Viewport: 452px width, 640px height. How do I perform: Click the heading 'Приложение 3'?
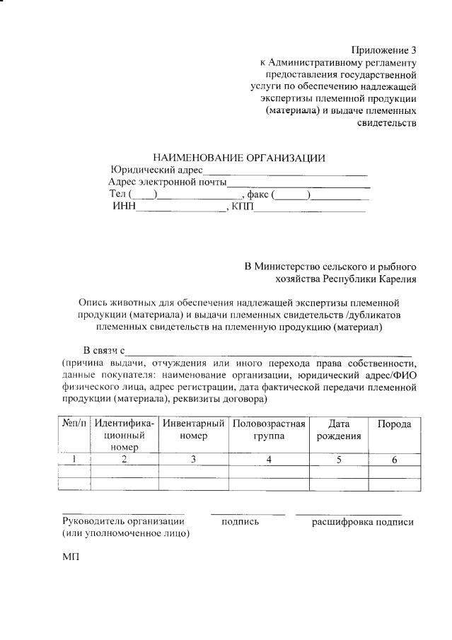[384, 50]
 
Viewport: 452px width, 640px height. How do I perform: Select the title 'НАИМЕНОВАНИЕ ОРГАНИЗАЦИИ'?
[239, 157]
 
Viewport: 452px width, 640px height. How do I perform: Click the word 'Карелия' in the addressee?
[395, 279]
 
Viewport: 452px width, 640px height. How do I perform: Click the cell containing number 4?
[269, 460]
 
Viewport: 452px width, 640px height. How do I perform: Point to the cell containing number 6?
[395, 460]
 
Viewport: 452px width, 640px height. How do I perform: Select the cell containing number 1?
[74, 460]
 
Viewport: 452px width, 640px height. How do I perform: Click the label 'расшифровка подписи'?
[362, 522]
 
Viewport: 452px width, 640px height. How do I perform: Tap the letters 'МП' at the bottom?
[71, 557]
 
